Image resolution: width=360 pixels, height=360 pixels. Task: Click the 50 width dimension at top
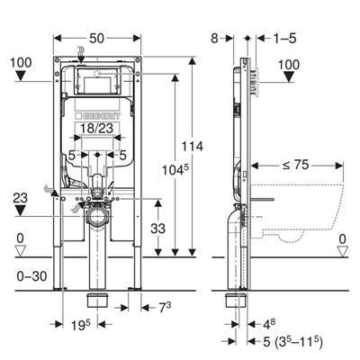(x=96, y=39)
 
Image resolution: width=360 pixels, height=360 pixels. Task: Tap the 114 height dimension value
(x=193, y=147)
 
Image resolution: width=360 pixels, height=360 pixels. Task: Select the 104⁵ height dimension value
(x=175, y=170)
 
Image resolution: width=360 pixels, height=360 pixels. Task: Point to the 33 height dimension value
(x=157, y=229)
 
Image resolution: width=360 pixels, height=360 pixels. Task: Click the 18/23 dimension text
(x=96, y=129)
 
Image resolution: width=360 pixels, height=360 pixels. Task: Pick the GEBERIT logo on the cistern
(x=98, y=116)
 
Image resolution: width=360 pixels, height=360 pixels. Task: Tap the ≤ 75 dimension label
(x=295, y=165)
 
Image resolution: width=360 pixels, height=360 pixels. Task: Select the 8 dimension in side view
(x=214, y=39)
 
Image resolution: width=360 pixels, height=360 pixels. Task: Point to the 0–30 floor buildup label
(x=31, y=276)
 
